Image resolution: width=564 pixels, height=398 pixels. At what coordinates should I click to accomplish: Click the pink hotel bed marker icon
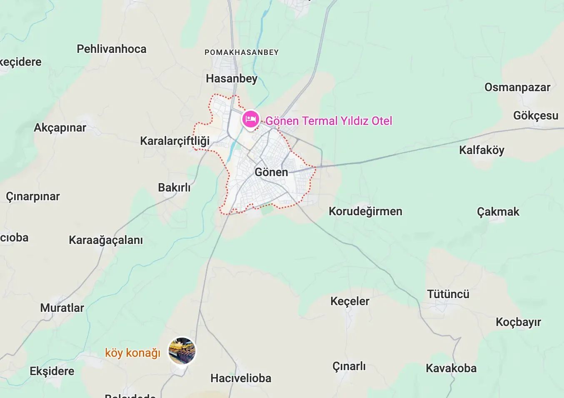[x=251, y=119]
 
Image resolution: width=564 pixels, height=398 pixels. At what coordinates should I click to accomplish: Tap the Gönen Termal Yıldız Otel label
[x=329, y=121]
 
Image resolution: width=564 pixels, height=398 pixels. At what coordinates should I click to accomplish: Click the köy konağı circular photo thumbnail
[x=182, y=351]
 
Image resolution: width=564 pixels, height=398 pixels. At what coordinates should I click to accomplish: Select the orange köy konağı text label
[x=132, y=353]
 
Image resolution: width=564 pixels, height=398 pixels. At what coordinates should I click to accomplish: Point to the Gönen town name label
[x=271, y=172]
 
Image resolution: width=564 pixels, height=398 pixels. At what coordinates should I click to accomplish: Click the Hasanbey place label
[x=232, y=79]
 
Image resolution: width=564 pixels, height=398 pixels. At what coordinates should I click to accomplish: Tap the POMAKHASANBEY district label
[x=242, y=52]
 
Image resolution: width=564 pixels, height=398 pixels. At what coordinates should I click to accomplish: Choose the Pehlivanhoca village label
[x=112, y=49]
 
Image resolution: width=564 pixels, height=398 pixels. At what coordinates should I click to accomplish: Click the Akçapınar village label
[x=60, y=128]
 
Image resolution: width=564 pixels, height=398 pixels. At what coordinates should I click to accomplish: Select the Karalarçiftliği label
[x=175, y=141]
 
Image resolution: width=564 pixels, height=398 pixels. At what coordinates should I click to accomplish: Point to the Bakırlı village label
[x=174, y=188]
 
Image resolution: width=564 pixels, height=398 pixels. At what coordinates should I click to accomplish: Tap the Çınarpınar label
[x=33, y=197]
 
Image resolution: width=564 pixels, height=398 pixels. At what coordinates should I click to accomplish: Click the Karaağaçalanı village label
[x=106, y=240]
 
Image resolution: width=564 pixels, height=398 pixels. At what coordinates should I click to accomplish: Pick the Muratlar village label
[x=62, y=308]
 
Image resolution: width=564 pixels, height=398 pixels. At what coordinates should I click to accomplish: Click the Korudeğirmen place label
[x=365, y=211]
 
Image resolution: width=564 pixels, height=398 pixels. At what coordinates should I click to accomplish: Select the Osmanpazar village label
[x=517, y=87]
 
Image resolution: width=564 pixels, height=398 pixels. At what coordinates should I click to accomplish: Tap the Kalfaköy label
[x=482, y=150]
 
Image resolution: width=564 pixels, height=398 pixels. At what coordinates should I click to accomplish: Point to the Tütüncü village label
[x=448, y=294]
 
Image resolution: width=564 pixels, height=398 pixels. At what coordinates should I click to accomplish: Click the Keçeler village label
[x=350, y=301]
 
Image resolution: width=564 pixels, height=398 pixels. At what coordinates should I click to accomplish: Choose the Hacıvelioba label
[x=241, y=378]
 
